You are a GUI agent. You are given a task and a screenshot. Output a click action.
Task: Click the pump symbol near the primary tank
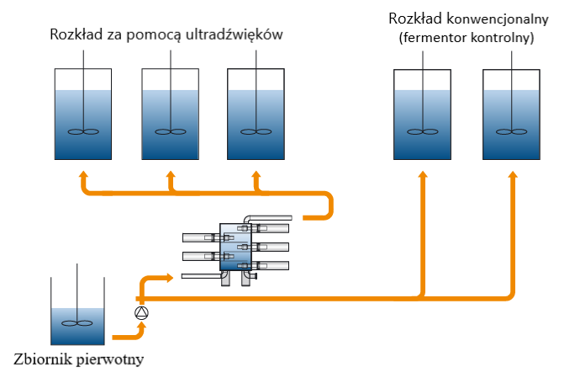pos(141,313)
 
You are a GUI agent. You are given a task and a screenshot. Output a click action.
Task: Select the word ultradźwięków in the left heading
pos(239,35)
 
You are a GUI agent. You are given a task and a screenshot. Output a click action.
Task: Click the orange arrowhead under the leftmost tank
pos(83,175)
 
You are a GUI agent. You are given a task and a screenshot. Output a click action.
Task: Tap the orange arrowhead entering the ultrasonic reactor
pos(171,277)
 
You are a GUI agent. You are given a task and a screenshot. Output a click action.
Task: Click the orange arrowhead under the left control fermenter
pos(423,174)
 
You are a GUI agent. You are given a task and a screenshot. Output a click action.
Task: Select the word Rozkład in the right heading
pos(415,19)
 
